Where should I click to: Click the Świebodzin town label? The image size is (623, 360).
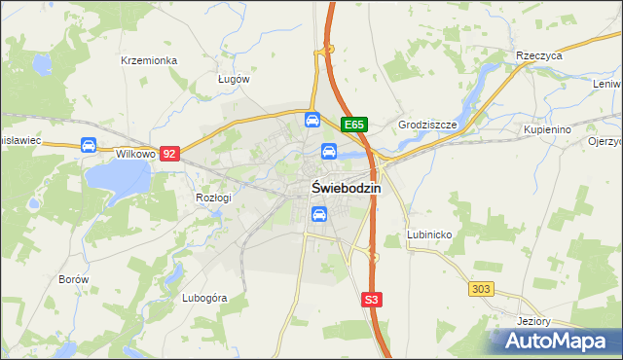[346, 188]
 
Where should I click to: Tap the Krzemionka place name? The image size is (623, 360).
[148, 60]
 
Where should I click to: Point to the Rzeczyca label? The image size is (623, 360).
[540, 56]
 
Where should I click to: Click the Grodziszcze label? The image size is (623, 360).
[427, 126]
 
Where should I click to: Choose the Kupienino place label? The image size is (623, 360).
[546, 128]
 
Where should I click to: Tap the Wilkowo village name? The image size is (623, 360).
[136, 154]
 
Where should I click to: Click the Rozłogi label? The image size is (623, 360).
[213, 198]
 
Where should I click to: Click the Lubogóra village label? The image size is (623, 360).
[204, 298]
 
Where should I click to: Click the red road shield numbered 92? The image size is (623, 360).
[171, 154]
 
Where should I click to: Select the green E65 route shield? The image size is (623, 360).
[353, 125]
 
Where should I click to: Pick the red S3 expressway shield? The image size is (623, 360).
[371, 301]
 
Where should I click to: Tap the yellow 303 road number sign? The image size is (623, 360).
[481, 289]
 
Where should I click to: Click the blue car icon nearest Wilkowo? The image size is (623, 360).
[89, 146]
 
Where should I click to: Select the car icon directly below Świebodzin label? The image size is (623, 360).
[318, 215]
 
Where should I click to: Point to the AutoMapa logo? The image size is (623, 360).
[556, 341]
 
